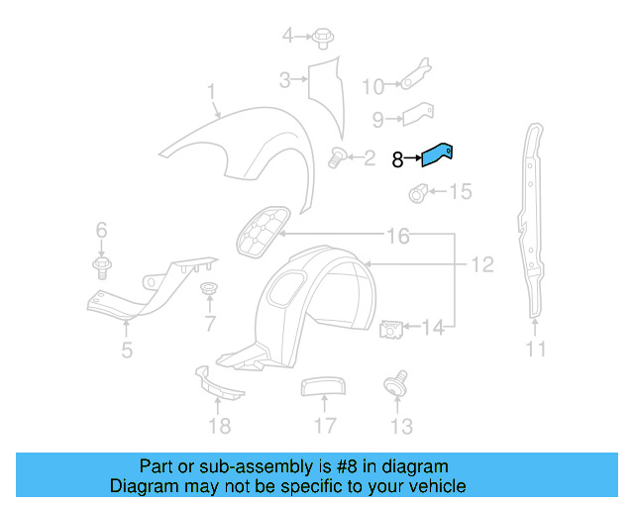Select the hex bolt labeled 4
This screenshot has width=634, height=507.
coord(323,39)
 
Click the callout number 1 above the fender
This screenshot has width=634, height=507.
coord(211,93)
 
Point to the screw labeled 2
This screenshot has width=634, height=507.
coord(336,155)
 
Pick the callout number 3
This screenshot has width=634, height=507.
coord(283,79)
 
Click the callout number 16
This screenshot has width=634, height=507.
coord(397,237)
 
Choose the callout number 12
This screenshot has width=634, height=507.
coord(481,265)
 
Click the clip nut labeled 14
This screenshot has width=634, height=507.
coord(391,327)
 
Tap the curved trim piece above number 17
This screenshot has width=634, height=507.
coord(321,385)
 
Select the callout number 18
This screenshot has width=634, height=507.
coord(219,426)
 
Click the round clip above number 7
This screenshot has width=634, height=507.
coord(208,289)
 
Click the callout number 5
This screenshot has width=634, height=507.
coord(127,349)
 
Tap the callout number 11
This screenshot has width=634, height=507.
coord(536,349)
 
